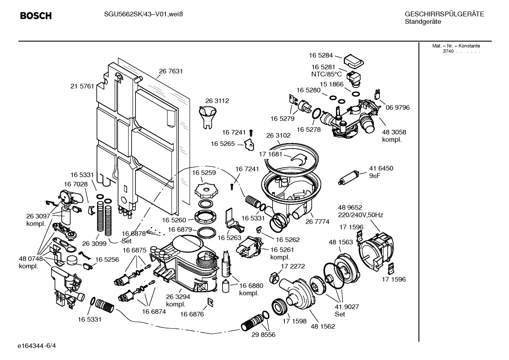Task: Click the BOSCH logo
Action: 36,16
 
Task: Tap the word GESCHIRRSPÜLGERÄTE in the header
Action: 444,14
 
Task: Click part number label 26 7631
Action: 171,71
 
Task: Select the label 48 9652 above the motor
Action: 350,208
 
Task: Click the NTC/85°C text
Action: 326,74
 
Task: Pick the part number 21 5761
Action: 82,86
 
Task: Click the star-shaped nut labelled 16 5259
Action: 204,191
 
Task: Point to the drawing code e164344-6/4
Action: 37,346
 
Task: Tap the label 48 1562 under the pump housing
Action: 323,326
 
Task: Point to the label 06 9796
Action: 397,108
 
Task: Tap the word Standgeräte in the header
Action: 423,22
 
